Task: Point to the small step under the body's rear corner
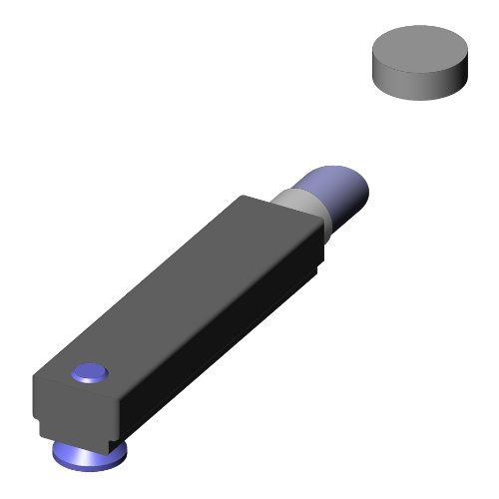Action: pos(317,267)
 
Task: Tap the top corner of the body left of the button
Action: pos(36,377)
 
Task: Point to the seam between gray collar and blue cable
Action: pos(317,195)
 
